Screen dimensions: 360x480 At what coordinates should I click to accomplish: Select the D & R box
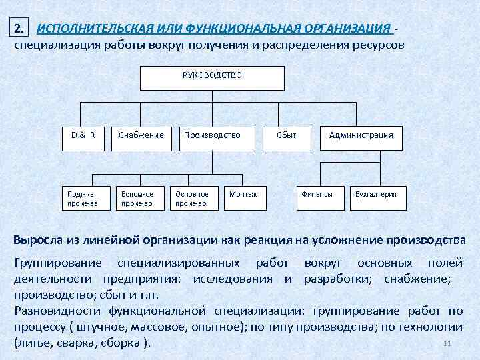click(x=83, y=135)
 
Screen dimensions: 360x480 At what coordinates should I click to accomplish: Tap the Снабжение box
click(x=141, y=135)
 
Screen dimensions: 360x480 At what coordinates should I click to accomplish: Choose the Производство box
click(x=212, y=135)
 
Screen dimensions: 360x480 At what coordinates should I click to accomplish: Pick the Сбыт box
click(x=286, y=135)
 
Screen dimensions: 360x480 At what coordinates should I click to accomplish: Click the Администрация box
click(x=361, y=135)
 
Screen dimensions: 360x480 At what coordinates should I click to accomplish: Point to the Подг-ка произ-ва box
click(x=83, y=198)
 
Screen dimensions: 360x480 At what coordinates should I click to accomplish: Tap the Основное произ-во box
click(x=192, y=198)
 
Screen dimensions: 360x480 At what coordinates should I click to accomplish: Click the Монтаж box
click(x=245, y=194)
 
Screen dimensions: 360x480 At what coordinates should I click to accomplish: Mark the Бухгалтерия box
click(x=376, y=194)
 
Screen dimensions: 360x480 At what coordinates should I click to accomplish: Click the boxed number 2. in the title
click(x=20, y=29)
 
